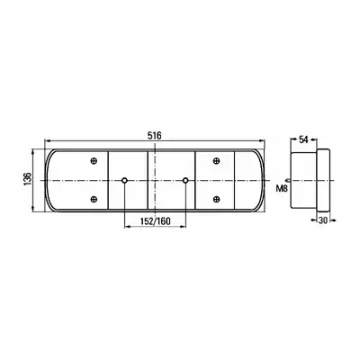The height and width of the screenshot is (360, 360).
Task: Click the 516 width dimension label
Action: click(x=155, y=136)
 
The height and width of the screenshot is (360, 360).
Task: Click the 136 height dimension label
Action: click(x=27, y=179)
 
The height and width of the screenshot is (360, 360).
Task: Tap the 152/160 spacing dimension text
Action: click(x=155, y=221)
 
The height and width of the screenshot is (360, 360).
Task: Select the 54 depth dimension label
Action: click(x=304, y=139)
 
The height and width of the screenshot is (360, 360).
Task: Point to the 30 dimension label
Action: click(x=323, y=220)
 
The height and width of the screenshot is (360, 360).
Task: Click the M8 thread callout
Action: click(x=282, y=189)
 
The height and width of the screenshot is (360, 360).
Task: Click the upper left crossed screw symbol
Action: click(x=94, y=161)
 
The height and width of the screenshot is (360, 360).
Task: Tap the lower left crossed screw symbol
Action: click(x=94, y=199)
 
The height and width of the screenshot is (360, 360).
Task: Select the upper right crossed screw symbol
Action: click(x=216, y=161)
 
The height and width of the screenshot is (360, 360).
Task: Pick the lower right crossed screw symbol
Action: click(x=216, y=199)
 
